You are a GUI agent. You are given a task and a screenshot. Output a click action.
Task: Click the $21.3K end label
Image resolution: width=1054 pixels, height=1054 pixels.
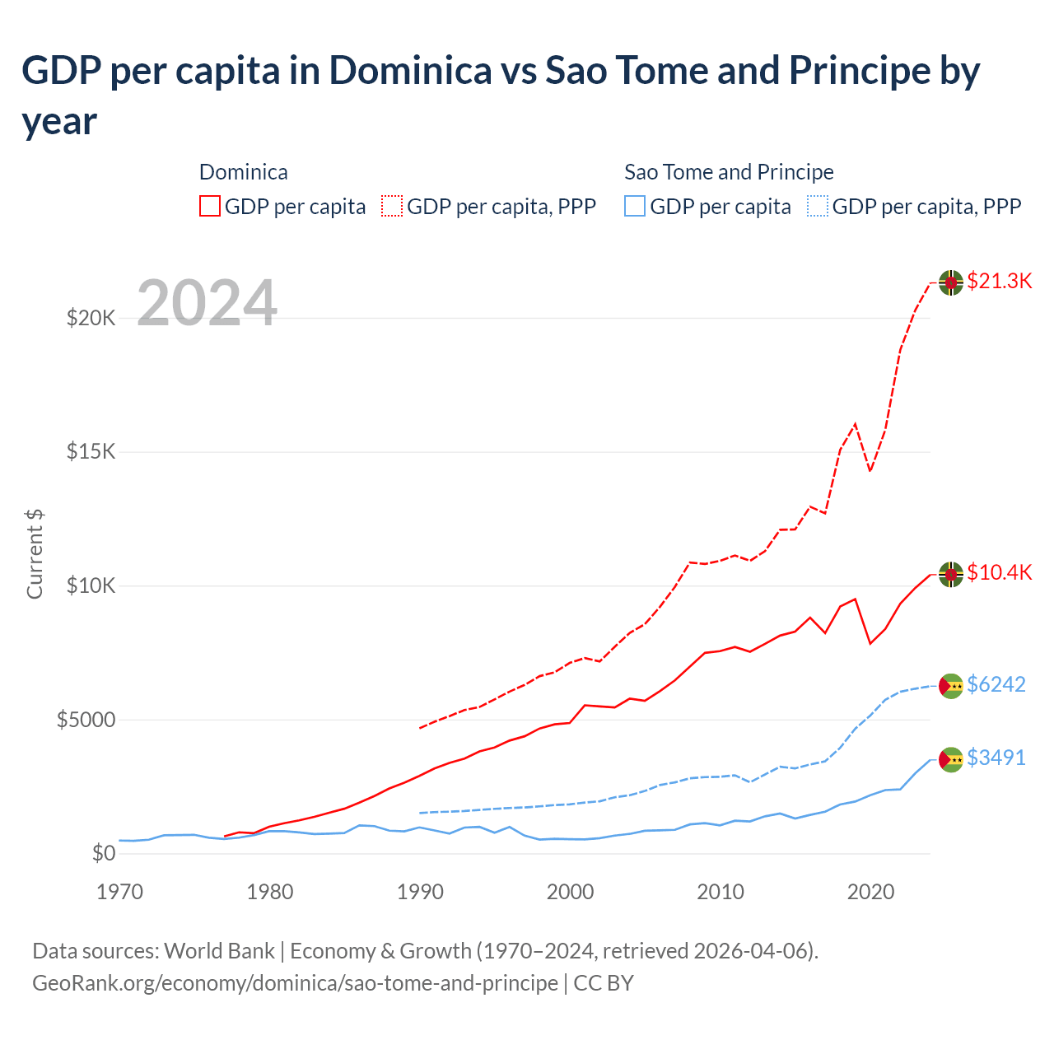pyautogui.click(x=999, y=282)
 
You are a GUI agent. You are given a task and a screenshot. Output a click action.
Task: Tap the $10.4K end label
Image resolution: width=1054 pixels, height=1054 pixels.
pyautogui.click(x=999, y=573)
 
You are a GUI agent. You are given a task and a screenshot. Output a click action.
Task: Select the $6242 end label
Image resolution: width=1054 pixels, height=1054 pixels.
pyautogui.click(x=996, y=685)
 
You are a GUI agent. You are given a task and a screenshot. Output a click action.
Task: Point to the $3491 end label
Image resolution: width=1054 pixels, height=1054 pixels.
pyautogui.click(x=996, y=758)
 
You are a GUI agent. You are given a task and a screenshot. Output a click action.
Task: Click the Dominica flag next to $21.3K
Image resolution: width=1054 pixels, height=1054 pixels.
pyautogui.click(x=951, y=282)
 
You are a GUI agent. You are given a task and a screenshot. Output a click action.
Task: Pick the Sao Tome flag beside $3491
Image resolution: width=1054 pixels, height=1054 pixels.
pyautogui.click(x=951, y=759)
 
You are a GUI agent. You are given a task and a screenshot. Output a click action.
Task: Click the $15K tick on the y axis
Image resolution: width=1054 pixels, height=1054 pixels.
pyautogui.click(x=91, y=452)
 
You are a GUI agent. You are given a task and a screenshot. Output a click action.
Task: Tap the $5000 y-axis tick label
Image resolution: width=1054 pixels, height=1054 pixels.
pyautogui.click(x=86, y=721)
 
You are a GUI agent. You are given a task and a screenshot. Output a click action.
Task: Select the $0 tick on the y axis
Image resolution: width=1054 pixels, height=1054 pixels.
pyautogui.click(x=103, y=854)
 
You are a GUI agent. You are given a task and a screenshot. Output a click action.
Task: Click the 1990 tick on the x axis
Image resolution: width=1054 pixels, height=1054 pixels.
pyautogui.click(x=420, y=893)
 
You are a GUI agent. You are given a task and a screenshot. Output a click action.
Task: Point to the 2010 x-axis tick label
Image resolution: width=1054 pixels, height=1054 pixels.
pyautogui.click(x=721, y=893)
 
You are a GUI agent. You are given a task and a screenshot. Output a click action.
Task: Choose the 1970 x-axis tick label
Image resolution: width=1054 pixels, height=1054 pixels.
pyautogui.click(x=119, y=893)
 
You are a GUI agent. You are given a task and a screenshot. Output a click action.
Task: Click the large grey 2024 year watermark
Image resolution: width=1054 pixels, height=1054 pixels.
pyautogui.click(x=207, y=304)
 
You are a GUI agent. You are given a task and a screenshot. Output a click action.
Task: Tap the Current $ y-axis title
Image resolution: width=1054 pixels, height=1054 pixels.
pyautogui.click(x=35, y=553)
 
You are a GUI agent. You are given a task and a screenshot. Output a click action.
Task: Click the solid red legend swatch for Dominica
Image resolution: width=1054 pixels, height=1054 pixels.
pyautogui.click(x=210, y=206)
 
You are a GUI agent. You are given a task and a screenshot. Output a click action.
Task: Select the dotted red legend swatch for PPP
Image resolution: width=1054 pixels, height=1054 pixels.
pyautogui.click(x=392, y=206)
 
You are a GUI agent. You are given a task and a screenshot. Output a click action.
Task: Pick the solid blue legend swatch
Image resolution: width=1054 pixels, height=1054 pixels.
pyautogui.click(x=635, y=206)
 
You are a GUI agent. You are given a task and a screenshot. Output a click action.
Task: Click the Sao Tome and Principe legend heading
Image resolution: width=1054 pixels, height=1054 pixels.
pyautogui.click(x=729, y=172)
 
